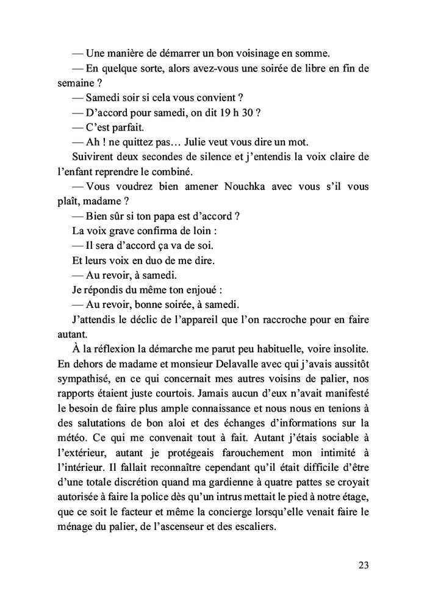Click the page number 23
click(363, 565)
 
